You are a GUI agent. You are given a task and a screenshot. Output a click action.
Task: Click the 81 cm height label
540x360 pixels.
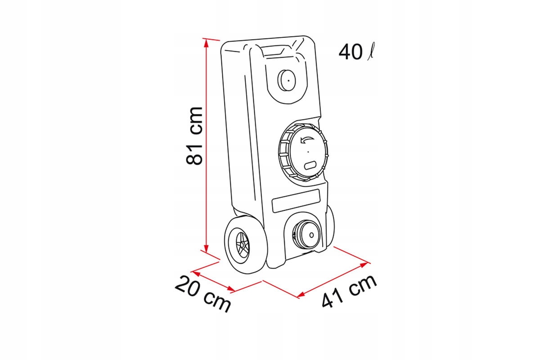[x=194, y=135]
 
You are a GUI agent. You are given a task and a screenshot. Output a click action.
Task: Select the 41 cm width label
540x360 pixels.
[x=349, y=290]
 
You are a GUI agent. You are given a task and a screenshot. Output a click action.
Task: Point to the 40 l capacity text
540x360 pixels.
[x=356, y=52]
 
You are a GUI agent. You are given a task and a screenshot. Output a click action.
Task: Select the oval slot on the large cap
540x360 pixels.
[x=310, y=166]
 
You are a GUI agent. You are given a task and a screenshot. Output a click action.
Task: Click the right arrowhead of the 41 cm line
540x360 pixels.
[x=367, y=262]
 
